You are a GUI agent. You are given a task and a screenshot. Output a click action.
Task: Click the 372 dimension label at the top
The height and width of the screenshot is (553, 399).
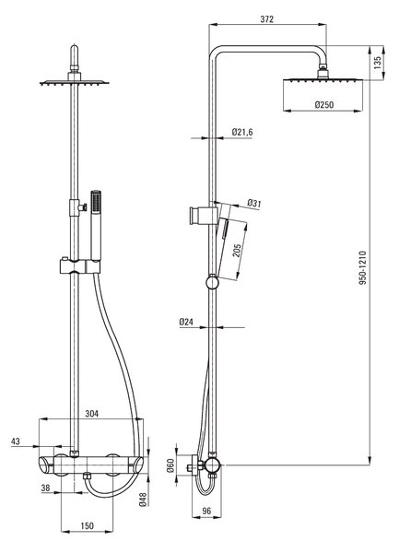click(267, 19)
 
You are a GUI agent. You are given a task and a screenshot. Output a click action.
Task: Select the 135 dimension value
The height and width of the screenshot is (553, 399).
click(378, 63)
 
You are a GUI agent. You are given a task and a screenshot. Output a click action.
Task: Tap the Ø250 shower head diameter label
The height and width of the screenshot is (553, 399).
click(324, 105)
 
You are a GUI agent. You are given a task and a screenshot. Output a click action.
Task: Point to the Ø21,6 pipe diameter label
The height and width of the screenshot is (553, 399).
click(242, 132)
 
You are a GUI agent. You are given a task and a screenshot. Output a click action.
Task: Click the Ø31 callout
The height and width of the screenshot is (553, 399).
click(254, 203)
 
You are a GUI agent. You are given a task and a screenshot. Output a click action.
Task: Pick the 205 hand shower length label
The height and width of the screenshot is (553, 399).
click(237, 251)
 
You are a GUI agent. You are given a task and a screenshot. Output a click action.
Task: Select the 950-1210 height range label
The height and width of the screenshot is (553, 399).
click(363, 268)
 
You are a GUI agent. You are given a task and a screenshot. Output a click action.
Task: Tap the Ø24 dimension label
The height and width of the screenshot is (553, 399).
click(186, 322)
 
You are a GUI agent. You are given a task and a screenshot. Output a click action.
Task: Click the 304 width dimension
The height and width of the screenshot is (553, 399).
click(92, 413)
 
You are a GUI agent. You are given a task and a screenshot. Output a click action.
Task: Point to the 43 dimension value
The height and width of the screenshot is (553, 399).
click(16, 441)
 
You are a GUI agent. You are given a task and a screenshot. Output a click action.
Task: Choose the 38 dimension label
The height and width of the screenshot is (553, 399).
click(46, 488)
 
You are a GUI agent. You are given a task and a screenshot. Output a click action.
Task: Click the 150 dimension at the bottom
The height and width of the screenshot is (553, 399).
click(87, 526)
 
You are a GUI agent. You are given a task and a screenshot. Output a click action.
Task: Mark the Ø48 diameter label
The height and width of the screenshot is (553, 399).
click(143, 499)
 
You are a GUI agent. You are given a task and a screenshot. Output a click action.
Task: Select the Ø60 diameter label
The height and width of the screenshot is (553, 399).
click(170, 465)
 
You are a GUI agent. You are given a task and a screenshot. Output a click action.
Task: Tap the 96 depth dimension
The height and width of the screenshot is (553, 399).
click(207, 511)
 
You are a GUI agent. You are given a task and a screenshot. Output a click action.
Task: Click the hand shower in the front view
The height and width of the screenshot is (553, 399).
click(96, 226)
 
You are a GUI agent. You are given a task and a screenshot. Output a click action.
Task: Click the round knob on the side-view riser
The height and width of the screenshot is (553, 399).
click(212, 282)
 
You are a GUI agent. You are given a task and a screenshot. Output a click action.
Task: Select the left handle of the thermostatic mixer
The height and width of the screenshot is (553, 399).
click(46, 465)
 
